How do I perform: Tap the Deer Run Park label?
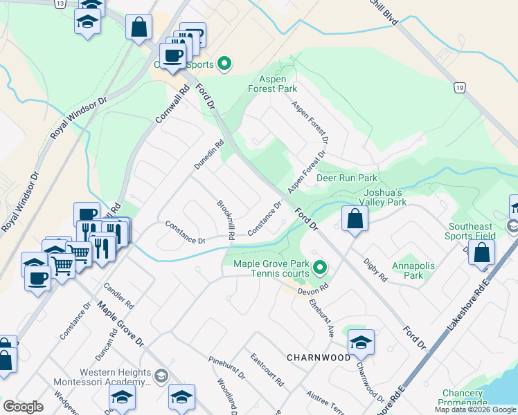tap(346, 178)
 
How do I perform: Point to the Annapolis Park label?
tap(407, 270)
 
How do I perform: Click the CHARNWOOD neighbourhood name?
tap(319, 358)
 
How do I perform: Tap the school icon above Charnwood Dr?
tap(361, 342)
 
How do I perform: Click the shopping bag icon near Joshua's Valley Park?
tap(355, 219)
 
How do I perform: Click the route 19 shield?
tap(459, 88)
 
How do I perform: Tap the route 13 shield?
tap(61, 3)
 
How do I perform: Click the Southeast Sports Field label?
tap(470, 231)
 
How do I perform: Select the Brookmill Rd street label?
tap(226, 220)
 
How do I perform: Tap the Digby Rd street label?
tap(375, 270)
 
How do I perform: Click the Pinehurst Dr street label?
tap(227, 368)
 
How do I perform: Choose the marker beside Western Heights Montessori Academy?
tap(161, 376)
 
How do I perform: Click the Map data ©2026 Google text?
tap(475, 409)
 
